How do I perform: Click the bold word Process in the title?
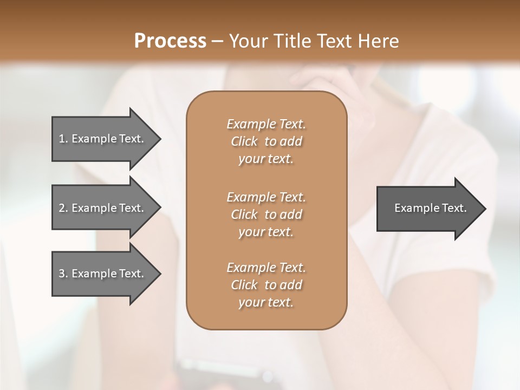(170, 41)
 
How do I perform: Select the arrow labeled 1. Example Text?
(103, 139)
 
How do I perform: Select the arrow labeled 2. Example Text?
(103, 208)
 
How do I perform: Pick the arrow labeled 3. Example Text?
(103, 274)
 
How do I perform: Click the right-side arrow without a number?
(428, 208)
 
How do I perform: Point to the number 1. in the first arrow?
(63, 139)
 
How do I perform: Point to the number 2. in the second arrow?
(63, 208)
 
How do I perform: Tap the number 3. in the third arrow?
(63, 274)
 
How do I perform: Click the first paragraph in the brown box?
(266, 141)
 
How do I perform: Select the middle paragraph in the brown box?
(266, 214)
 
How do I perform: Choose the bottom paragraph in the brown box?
(266, 285)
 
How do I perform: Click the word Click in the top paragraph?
(244, 141)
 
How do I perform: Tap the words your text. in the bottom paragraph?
(266, 303)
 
